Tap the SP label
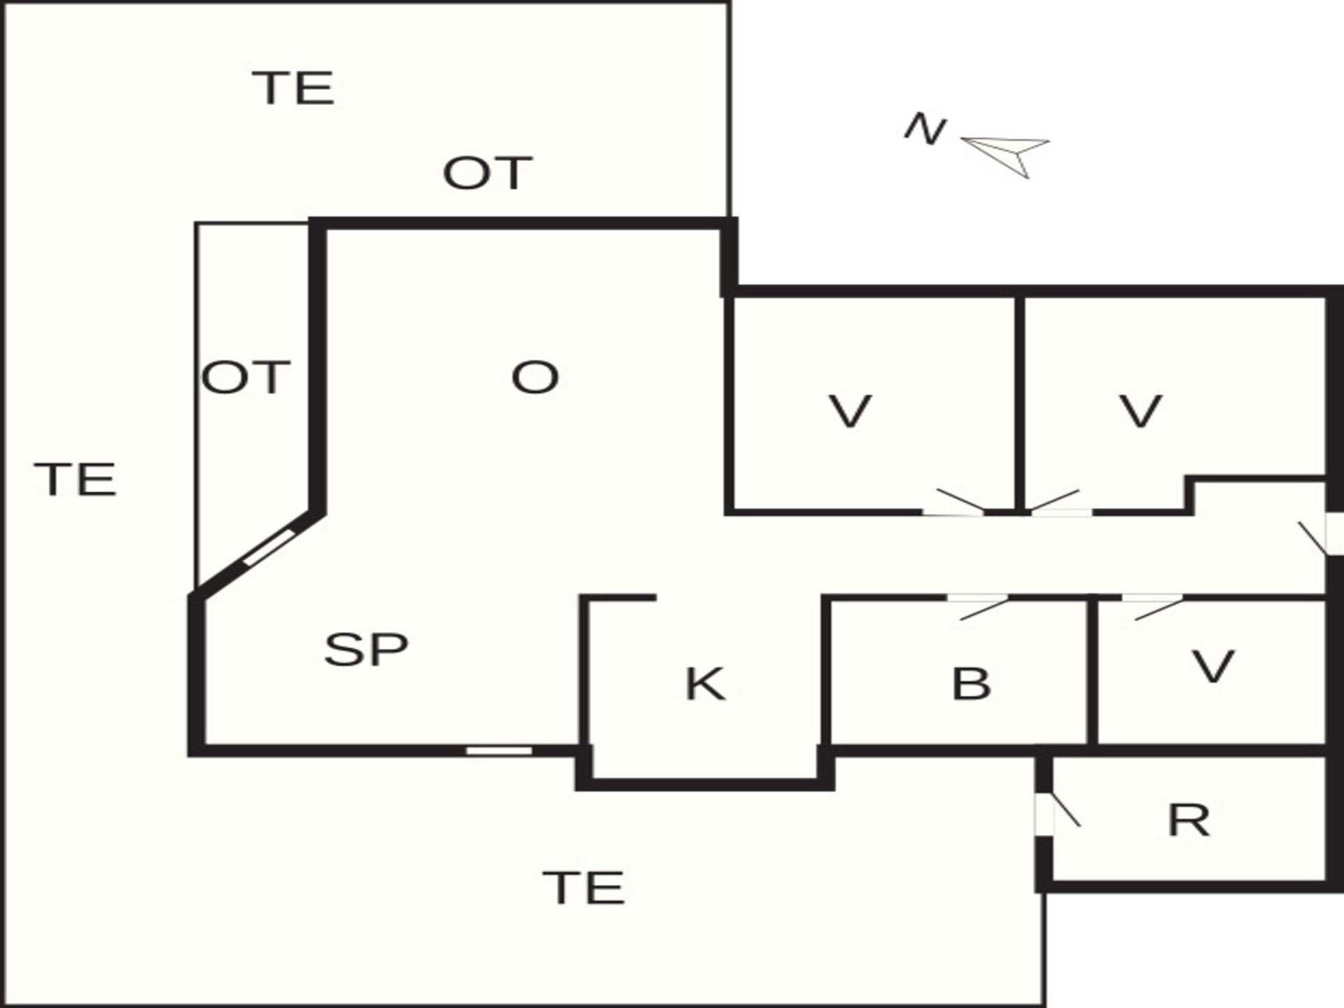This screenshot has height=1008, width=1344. [x=366, y=649]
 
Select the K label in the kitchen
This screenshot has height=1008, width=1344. [x=705, y=684]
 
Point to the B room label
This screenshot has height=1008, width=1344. [x=972, y=684]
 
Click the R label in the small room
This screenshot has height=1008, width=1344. [x=1189, y=820]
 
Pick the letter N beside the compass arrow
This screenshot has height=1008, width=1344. [x=925, y=129]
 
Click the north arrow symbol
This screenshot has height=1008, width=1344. [x=1006, y=156]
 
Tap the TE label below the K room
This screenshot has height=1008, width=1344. [x=584, y=888]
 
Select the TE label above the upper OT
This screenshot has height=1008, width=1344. [x=294, y=88]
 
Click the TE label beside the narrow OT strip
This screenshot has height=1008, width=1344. [x=76, y=479]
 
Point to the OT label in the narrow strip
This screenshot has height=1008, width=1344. [x=246, y=377]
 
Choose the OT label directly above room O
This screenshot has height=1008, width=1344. [x=488, y=173]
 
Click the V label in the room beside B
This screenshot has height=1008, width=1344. [x=1212, y=666]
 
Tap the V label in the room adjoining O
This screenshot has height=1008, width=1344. [x=850, y=411]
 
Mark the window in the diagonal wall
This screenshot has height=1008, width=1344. [x=269, y=547]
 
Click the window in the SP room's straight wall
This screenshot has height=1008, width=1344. [x=499, y=750]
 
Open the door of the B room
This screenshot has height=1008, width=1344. [x=978, y=607]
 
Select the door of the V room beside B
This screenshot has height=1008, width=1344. [x=1153, y=607]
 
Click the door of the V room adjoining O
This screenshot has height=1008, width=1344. [x=953, y=503]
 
